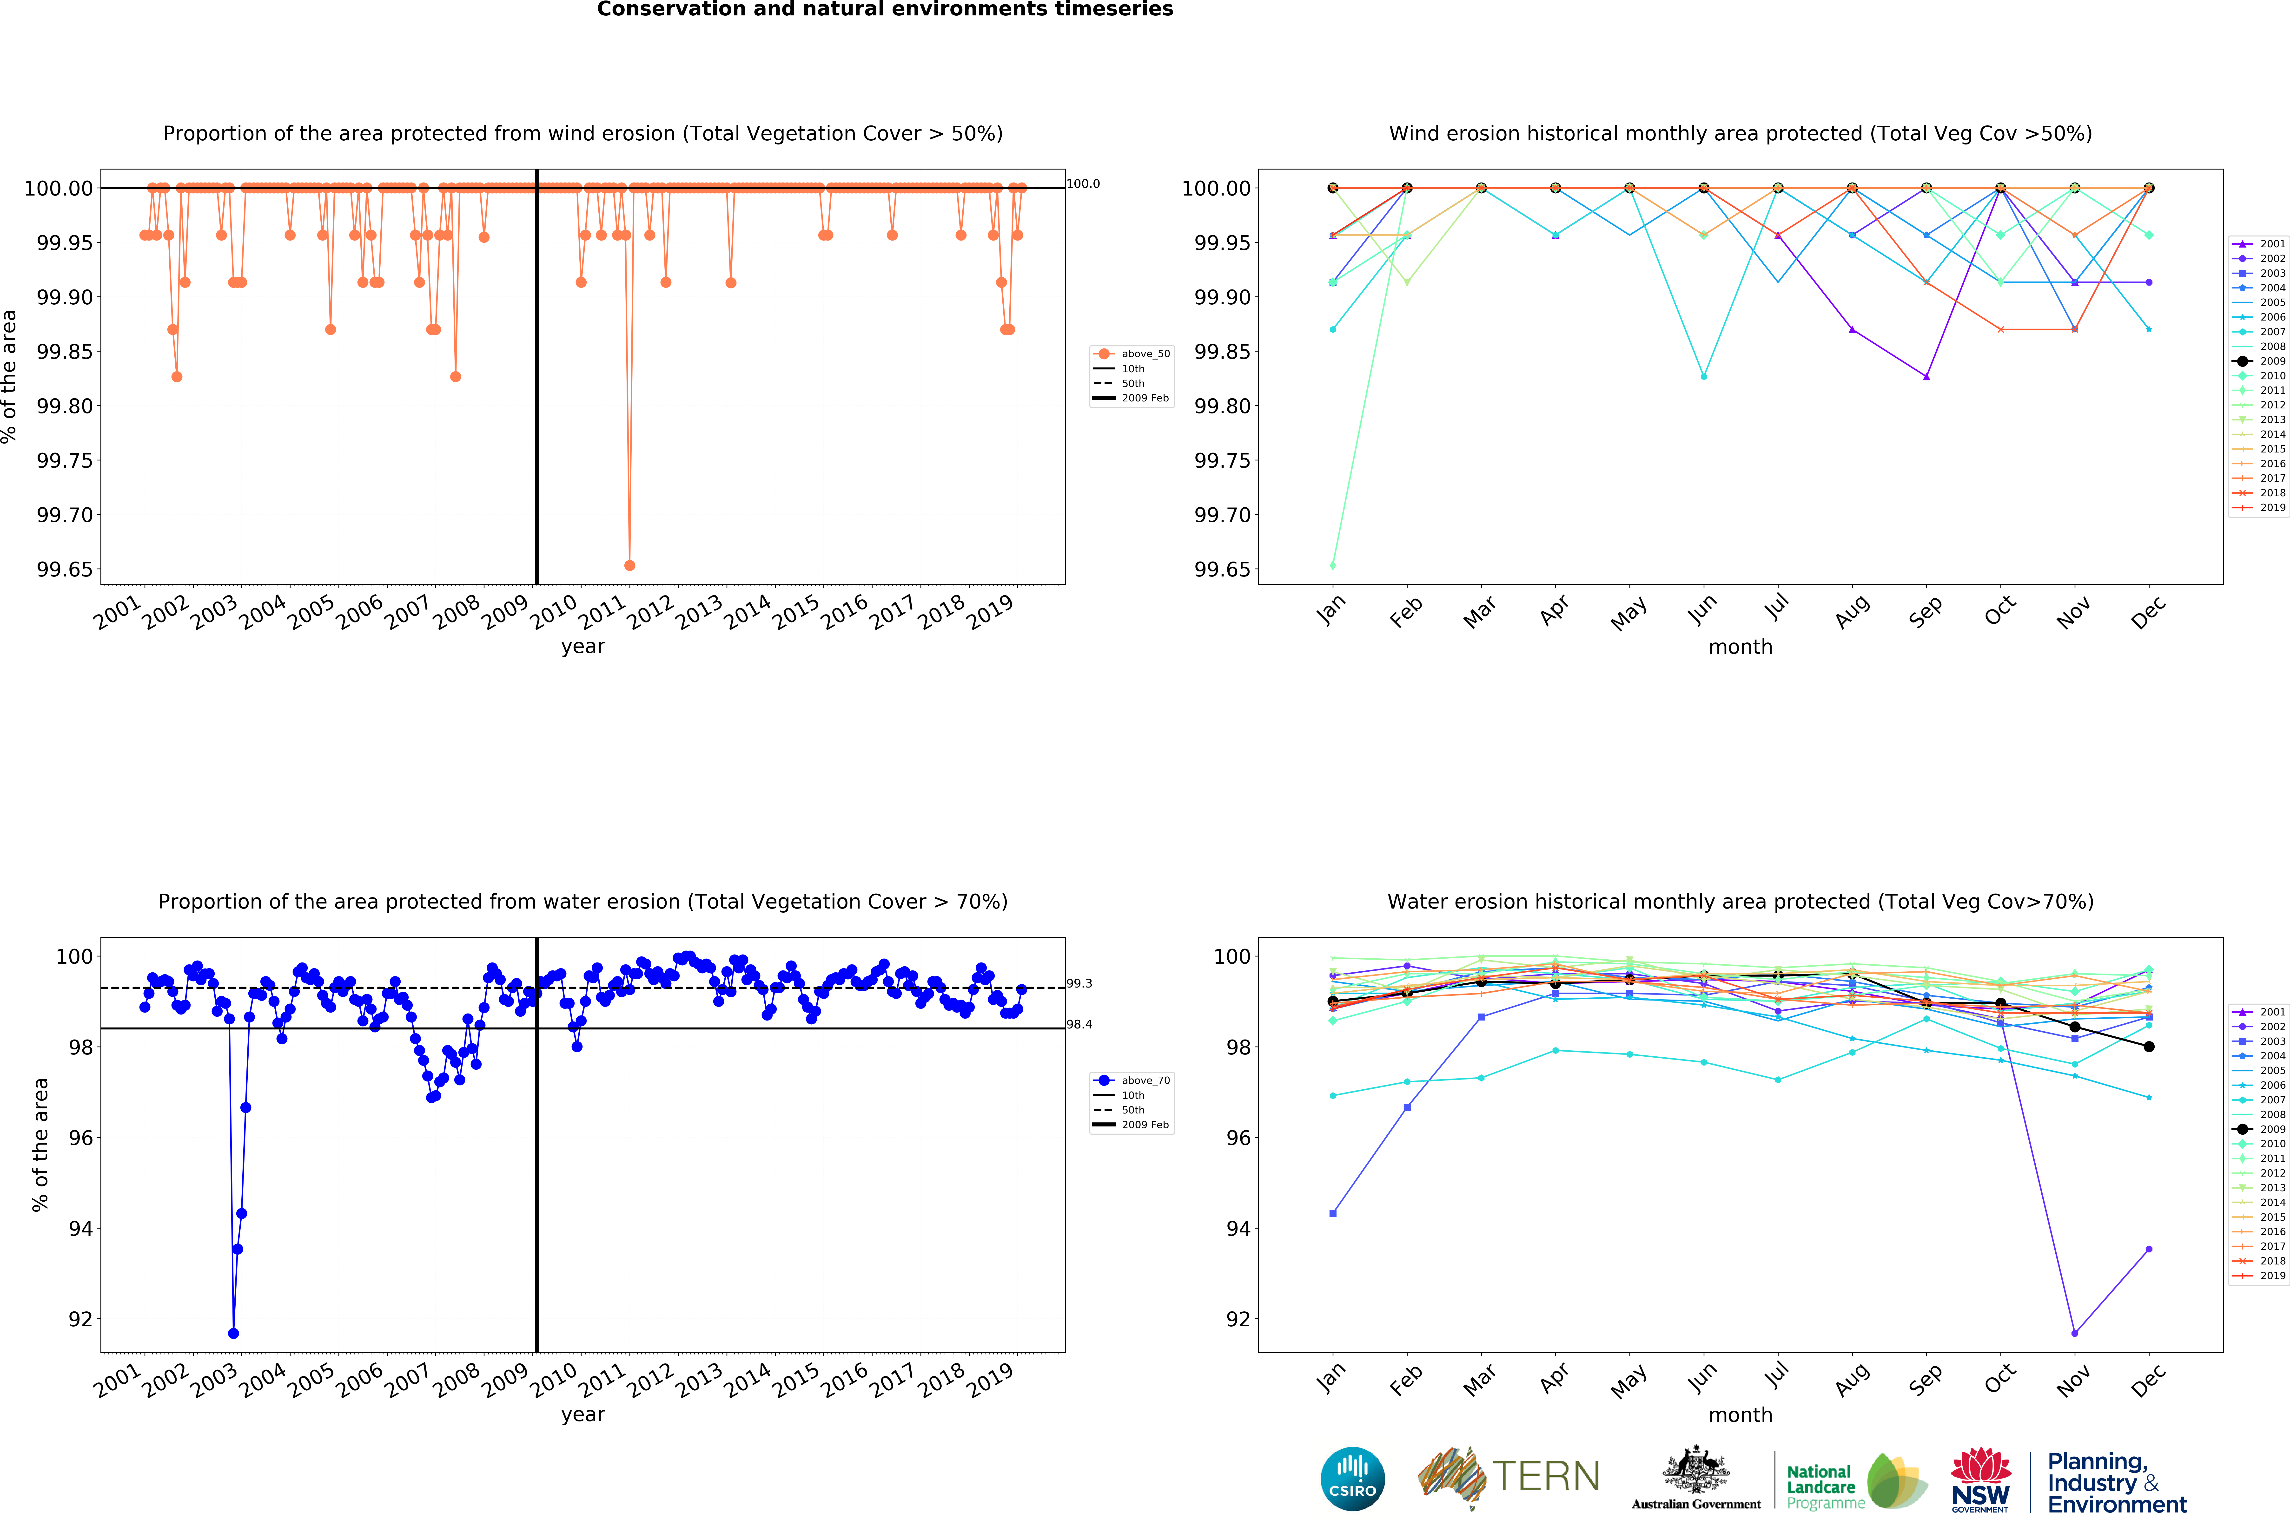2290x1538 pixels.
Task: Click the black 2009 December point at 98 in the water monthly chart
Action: click(x=2149, y=1047)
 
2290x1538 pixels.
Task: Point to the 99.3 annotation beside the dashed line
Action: click(x=1079, y=983)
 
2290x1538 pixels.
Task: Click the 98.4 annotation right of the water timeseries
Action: click(x=1079, y=1024)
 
